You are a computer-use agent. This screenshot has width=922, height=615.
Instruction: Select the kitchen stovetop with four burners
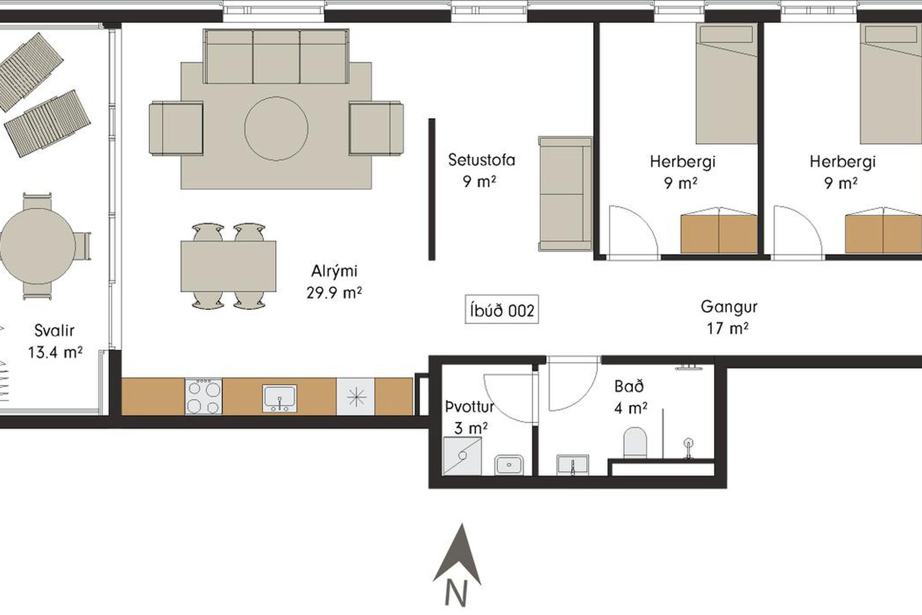click(204, 396)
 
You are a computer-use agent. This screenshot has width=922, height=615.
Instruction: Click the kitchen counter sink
click(279, 398)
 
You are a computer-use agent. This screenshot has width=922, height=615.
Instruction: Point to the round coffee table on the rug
click(276, 128)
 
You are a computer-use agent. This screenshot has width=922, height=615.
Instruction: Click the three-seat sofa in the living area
click(276, 56)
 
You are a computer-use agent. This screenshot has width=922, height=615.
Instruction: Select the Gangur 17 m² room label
click(728, 317)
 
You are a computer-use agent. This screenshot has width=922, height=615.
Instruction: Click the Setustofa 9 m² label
click(481, 170)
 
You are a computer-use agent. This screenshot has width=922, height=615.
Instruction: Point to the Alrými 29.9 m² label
click(334, 281)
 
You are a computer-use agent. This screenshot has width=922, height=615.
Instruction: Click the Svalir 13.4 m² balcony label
click(55, 341)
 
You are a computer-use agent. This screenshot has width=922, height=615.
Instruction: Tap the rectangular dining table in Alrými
click(228, 266)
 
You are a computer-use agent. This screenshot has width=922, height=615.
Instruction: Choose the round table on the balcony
click(37, 246)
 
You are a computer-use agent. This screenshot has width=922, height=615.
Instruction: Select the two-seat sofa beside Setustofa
click(565, 194)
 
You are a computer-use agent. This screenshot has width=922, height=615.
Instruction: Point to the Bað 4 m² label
click(630, 397)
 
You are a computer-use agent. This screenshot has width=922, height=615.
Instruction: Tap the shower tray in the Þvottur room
click(462, 455)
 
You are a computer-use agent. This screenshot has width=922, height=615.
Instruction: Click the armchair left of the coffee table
click(176, 128)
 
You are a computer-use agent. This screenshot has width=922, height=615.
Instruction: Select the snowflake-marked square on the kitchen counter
click(355, 396)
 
